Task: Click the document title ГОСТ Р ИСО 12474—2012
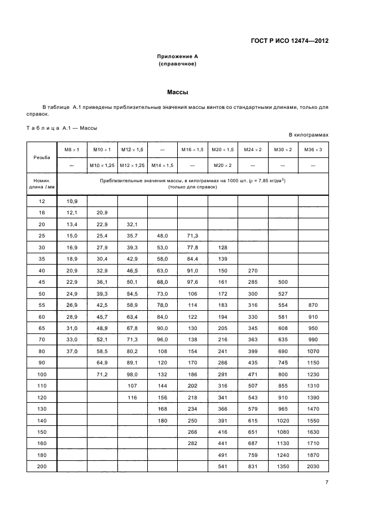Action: [289, 41]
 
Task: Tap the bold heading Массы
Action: [178, 91]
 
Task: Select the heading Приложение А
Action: [178, 57]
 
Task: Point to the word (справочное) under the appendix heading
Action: [178, 64]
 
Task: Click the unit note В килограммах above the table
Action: [308, 135]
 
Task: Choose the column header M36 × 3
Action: [313, 149]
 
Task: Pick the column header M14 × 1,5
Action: [163, 165]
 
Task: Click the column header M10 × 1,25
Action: [102, 165]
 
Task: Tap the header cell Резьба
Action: [42, 157]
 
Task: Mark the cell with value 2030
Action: [313, 466]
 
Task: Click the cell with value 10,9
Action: [72, 201]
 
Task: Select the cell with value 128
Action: [223, 247]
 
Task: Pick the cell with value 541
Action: [223, 466]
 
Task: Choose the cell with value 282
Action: [192, 443]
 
